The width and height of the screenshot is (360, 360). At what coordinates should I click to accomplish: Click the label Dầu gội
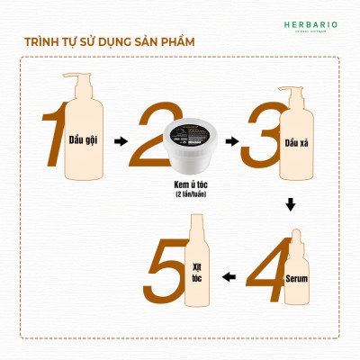point(84,142)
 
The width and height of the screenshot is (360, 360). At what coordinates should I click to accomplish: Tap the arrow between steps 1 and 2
point(122,141)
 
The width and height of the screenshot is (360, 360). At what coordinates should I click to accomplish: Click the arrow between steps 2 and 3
point(231,141)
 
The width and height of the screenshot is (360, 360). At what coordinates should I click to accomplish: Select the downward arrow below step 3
point(290,206)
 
